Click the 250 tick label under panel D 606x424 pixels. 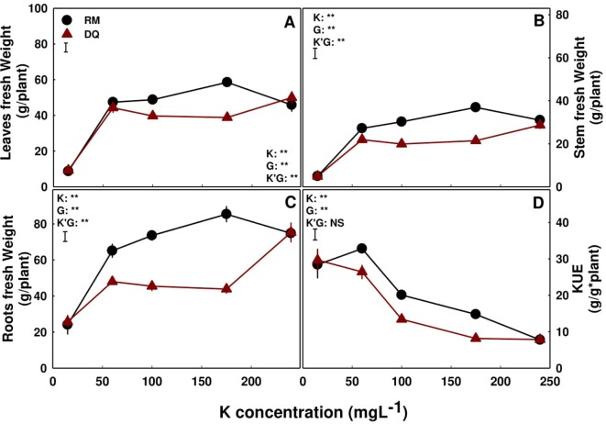546,377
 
